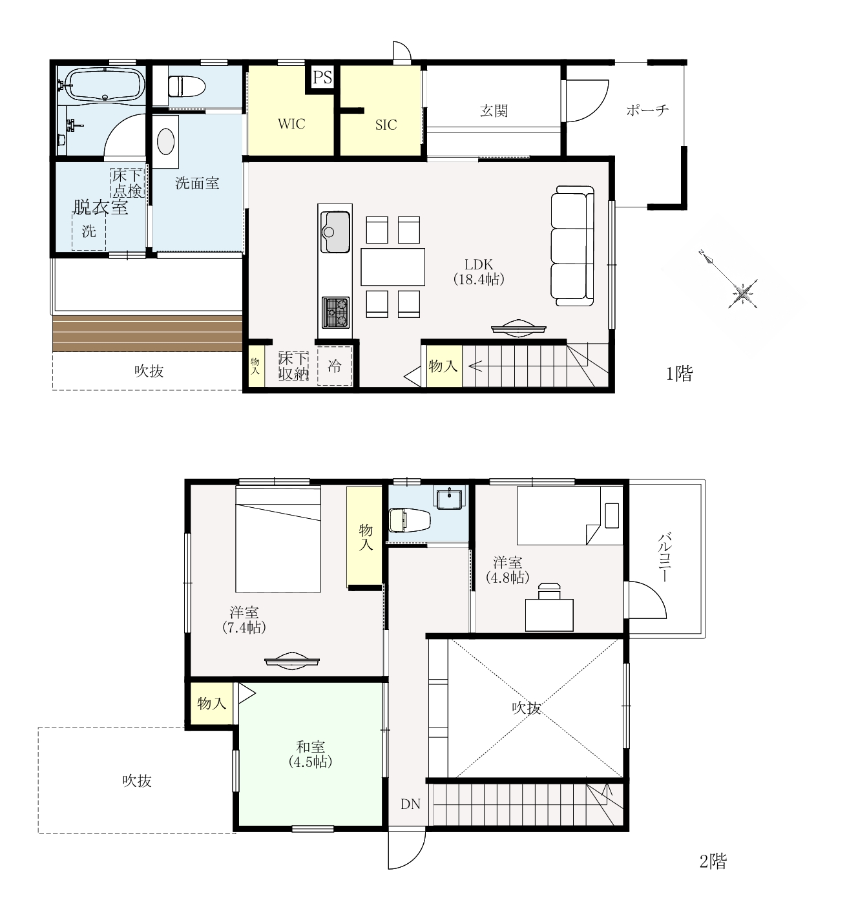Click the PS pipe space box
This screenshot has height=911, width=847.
(322, 77)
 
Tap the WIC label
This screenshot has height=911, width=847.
(291, 124)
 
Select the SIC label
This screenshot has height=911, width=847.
(386, 125)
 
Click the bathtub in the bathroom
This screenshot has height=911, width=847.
(105, 84)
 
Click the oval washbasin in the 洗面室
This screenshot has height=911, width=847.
(165, 141)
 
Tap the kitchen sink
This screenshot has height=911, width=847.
(335, 232)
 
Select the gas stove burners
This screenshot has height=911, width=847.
(335, 312)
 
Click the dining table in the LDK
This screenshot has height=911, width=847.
(393, 267)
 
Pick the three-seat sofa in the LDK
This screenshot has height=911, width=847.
(572, 246)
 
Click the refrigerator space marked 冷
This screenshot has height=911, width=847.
(335, 366)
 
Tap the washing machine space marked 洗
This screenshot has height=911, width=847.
(89, 231)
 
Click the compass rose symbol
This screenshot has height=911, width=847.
(742, 293)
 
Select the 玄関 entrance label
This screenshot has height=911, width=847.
(494, 110)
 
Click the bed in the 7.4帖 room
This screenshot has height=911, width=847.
(278, 539)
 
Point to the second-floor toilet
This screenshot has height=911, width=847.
(410, 520)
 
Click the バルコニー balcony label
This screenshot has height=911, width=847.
(664, 558)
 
